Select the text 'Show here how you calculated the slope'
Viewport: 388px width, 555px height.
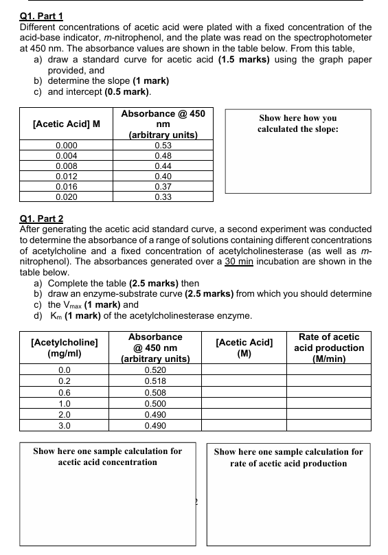point(297,124)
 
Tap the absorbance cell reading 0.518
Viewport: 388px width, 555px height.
point(159,380)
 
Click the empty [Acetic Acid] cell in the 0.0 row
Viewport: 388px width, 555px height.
point(244,370)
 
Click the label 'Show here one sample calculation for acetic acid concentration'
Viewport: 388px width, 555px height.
point(108,457)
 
